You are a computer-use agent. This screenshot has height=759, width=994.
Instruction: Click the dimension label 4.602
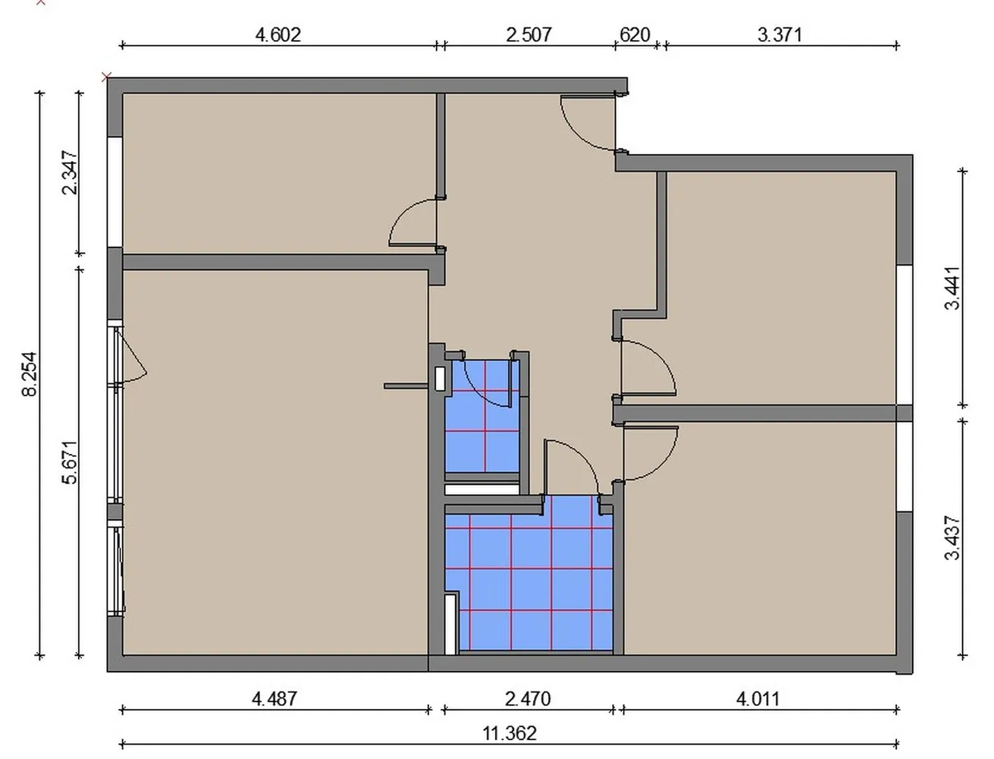click(278, 35)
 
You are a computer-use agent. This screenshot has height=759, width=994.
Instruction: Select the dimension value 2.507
click(528, 35)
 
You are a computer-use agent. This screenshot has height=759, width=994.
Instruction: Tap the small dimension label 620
click(635, 35)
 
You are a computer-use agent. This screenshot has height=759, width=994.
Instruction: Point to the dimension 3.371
click(779, 35)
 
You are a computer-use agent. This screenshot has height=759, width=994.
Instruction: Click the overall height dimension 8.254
click(30, 373)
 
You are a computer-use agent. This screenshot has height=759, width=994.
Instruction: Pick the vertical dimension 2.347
click(70, 172)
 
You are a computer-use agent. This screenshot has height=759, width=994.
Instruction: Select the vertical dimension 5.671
click(70, 462)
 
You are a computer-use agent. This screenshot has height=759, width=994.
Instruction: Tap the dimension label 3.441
click(952, 288)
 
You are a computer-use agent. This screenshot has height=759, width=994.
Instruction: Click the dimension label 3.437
click(952, 538)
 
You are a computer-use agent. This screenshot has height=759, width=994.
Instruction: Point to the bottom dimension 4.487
click(274, 698)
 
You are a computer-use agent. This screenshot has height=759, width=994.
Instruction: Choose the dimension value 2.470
click(528, 698)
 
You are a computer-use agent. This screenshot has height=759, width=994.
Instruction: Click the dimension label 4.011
click(758, 698)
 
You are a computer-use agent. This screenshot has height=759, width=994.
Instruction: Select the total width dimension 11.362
click(510, 733)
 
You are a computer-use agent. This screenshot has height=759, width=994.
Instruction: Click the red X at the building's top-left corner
click(106, 77)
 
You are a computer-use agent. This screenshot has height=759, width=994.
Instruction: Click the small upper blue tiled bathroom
click(481, 416)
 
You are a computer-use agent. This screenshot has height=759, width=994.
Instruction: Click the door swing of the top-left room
click(403, 213)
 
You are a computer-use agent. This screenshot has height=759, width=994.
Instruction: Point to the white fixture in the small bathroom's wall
click(439, 379)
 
